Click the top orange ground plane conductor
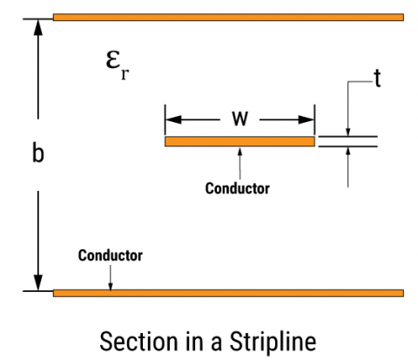228,17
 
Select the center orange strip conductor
239,141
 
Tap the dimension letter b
37,153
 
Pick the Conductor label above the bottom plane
110,255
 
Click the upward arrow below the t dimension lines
348,153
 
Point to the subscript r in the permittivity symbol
126,74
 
